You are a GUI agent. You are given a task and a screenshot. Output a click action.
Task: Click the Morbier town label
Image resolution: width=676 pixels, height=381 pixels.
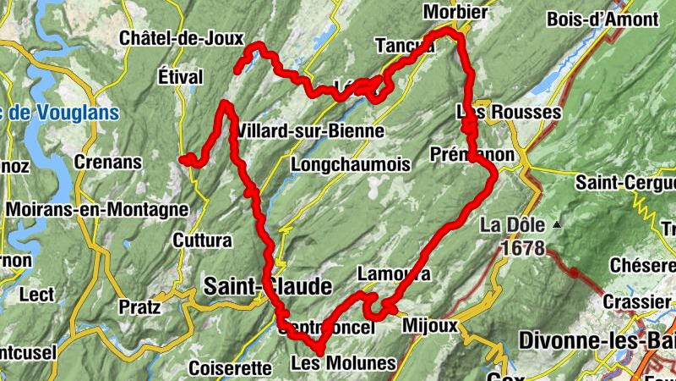456,12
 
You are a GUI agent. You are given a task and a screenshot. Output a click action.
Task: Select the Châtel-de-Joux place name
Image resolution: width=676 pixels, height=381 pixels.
182,38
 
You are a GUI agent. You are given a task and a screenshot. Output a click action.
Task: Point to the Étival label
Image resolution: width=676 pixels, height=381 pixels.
181,77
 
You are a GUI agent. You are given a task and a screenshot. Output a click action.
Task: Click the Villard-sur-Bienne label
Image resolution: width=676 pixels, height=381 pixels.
311,131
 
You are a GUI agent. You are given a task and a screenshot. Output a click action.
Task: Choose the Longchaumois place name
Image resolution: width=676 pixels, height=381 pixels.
349,164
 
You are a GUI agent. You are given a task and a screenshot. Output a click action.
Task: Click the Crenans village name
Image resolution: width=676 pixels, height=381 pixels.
107,161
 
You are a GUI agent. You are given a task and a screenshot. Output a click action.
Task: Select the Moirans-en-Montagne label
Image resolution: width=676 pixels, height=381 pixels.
97,208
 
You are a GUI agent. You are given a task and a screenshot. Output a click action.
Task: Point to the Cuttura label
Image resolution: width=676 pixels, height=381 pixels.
202,240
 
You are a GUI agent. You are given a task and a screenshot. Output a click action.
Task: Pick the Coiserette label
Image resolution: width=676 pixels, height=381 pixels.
230,368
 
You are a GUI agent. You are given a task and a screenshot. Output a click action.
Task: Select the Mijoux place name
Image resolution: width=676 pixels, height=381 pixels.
430,325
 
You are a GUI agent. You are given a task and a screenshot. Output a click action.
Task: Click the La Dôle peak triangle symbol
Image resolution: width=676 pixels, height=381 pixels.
558,225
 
